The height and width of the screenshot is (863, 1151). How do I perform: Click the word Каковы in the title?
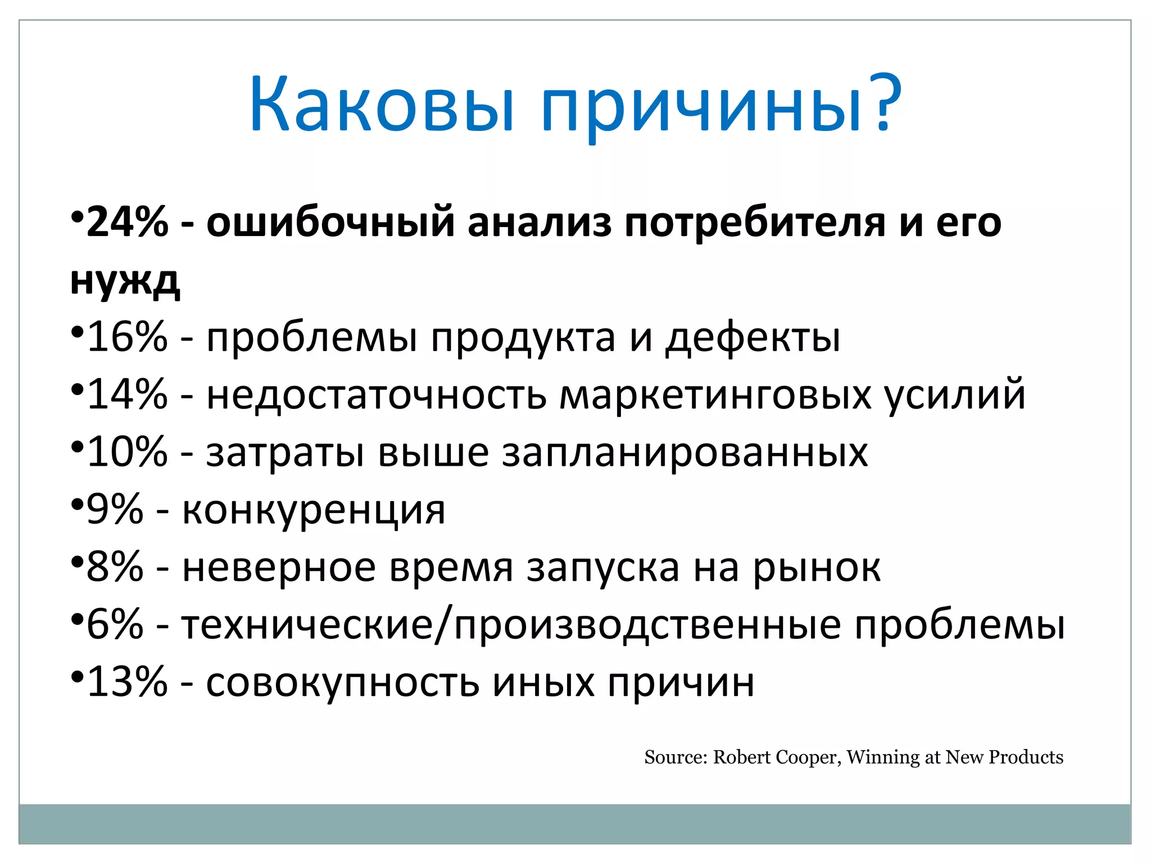(382, 104)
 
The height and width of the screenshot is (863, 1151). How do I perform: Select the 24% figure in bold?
(127, 222)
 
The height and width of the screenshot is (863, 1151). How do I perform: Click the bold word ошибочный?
(330, 222)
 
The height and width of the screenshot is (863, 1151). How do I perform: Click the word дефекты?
(753, 338)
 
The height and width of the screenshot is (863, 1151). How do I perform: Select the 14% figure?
(127, 394)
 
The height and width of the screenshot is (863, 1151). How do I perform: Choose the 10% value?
(127, 452)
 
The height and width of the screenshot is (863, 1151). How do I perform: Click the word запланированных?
(685, 453)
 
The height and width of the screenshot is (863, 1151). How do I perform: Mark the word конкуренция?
(314, 510)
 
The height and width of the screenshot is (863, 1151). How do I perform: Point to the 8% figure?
(115, 567)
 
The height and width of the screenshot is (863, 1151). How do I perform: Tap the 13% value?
(127, 682)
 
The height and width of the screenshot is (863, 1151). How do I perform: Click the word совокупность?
(343, 683)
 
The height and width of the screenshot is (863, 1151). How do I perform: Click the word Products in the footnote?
(1026, 757)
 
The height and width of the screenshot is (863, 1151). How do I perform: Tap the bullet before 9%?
(77, 503)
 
